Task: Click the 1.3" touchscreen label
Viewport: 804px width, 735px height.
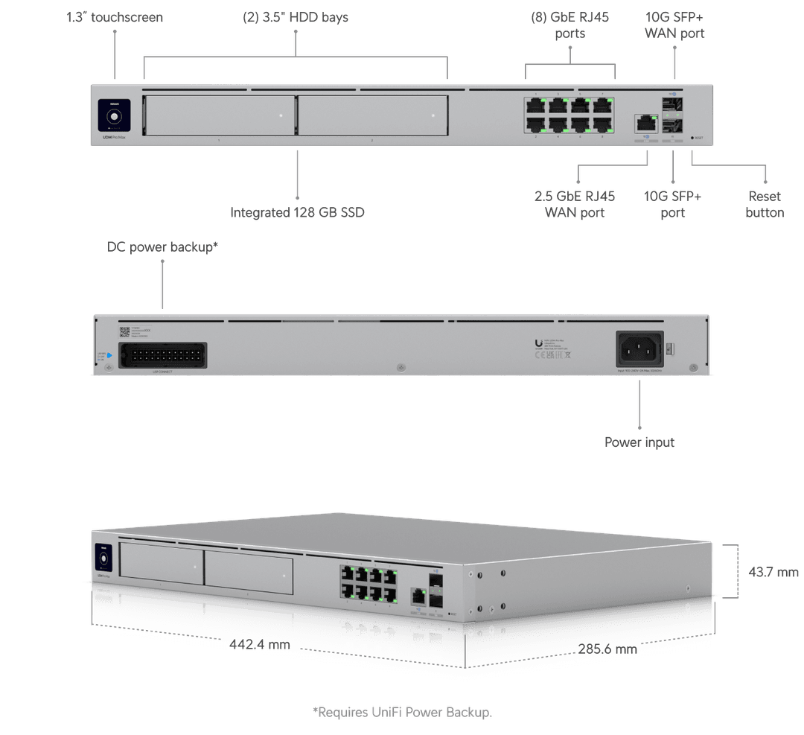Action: (114, 16)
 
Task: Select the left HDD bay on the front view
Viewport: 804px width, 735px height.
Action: (218, 115)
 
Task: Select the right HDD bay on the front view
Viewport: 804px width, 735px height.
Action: (372, 115)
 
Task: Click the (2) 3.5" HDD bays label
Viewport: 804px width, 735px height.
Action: (296, 16)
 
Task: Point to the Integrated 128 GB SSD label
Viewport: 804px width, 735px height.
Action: (298, 212)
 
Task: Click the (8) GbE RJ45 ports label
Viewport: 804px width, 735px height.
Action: (569, 25)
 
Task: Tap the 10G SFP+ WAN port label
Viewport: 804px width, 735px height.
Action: (674, 25)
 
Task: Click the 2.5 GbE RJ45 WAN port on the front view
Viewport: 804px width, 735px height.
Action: (645, 123)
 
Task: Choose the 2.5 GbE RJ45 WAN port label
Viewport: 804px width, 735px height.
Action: (575, 204)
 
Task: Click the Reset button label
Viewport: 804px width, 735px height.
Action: (765, 204)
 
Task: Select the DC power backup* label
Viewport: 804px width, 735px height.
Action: (162, 247)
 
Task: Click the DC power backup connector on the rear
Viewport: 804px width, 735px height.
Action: (162, 355)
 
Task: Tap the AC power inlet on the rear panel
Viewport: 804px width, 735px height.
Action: (639, 347)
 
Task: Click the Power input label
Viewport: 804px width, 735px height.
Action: (639, 442)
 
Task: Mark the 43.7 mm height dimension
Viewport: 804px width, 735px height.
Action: (773, 572)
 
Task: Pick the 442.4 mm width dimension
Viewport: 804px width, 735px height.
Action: (259, 644)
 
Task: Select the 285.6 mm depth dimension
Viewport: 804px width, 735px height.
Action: (607, 649)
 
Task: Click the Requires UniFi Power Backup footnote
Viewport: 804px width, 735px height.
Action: (402, 713)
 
